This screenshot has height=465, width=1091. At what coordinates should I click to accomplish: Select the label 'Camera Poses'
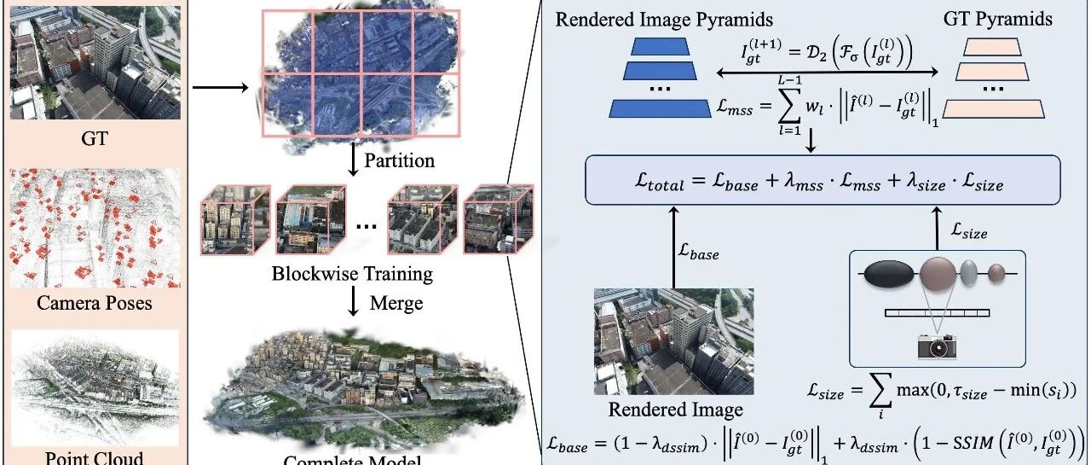pos(94,303)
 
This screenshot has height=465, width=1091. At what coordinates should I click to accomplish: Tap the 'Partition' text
pos(399,160)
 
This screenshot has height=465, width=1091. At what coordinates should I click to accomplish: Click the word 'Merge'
pos(395,302)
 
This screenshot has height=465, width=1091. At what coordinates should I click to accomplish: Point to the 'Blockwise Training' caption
pos(352,274)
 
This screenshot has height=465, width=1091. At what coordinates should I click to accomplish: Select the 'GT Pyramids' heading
pos(998,19)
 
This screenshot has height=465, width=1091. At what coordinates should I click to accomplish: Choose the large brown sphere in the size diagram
pos(939,275)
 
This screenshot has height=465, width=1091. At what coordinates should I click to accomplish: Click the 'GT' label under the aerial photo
pos(95,137)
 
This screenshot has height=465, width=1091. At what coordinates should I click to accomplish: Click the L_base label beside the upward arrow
pos(698,253)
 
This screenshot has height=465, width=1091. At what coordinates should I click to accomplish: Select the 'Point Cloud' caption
pos(94,457)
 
